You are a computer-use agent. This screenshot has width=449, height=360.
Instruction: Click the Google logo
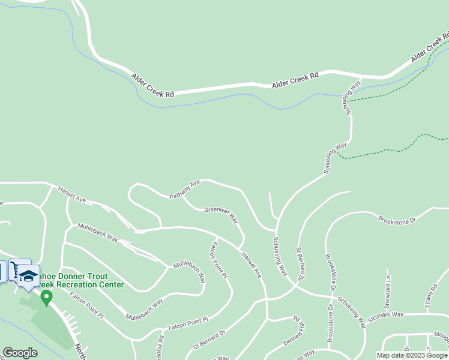(x=20, y=353)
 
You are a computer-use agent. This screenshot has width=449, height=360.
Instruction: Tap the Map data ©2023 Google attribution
(x=412, y=355)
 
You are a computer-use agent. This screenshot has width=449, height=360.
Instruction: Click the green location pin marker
(x=46, y=296)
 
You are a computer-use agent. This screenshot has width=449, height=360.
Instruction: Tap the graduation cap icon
(x=28, y=276)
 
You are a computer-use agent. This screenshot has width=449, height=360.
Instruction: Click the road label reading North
(x=79, y=351)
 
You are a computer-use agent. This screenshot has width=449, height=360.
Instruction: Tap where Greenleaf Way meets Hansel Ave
(x=241, y=247)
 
